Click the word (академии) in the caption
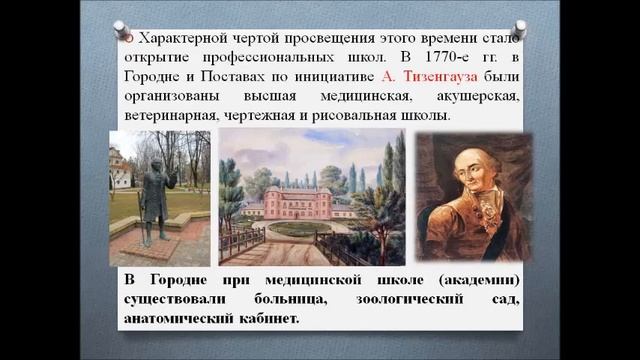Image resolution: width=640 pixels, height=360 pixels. (483, 278)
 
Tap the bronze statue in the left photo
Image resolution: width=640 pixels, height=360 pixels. (152, 200)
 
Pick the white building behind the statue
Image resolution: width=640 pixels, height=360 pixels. (121, 169)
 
